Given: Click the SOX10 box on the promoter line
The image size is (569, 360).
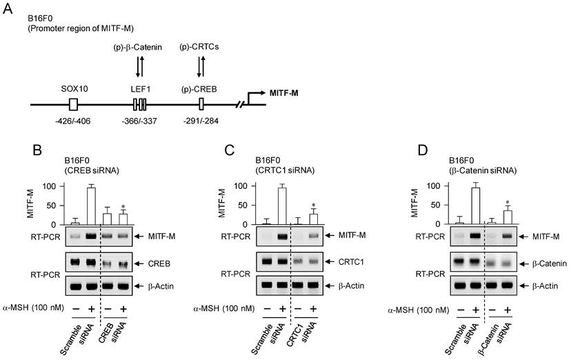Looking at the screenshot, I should (x=74, y=104).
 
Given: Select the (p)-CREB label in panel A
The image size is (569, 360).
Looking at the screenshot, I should (x=201, y=88).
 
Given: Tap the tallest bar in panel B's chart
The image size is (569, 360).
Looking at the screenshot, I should (x=90, y=206).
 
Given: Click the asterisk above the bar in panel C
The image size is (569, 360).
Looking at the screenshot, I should (x=313, y=206).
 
